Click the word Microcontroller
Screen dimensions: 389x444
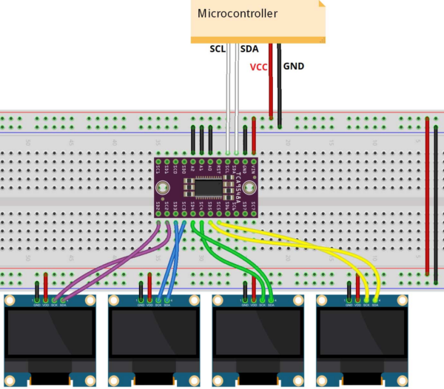click(237, 13)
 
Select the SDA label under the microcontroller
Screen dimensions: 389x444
click(250, 50)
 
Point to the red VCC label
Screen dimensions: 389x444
click(258, 67)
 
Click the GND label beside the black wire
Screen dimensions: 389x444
click(294, 66)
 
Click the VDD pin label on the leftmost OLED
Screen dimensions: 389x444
click(46, 302)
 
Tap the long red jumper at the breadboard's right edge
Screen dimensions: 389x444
click(427, 196)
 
